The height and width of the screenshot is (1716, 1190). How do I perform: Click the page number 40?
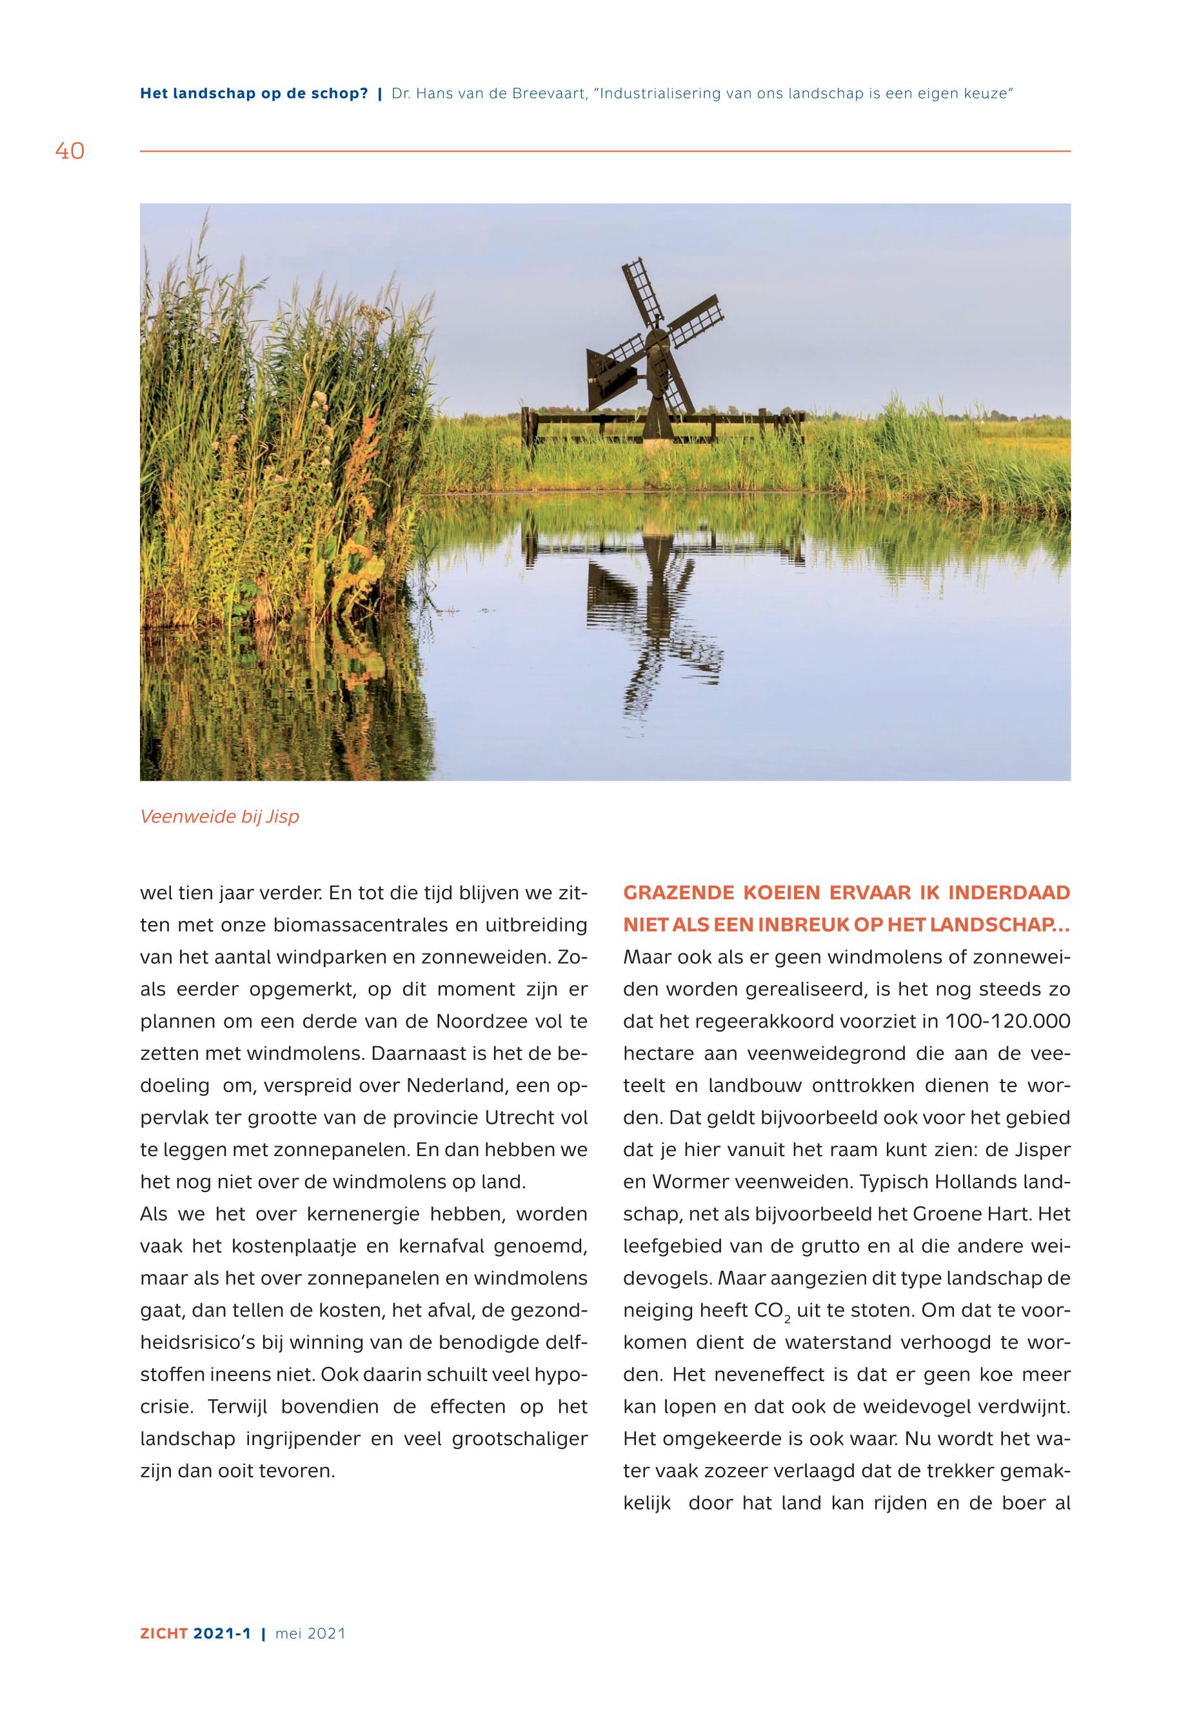click(x=70, y=152)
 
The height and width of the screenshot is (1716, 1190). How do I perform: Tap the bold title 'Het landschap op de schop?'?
click(x=253, y=95)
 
